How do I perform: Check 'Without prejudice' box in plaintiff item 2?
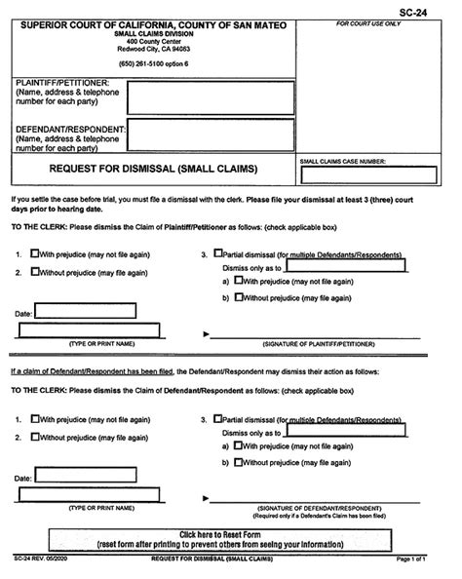36,272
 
